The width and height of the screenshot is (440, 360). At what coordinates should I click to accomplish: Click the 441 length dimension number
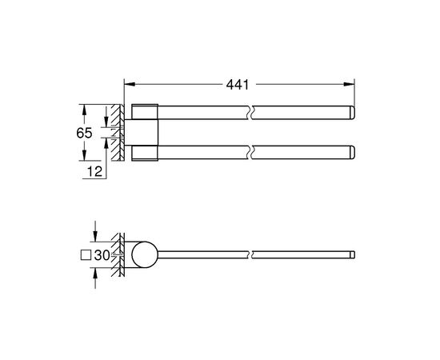click(x=238, y=82)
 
